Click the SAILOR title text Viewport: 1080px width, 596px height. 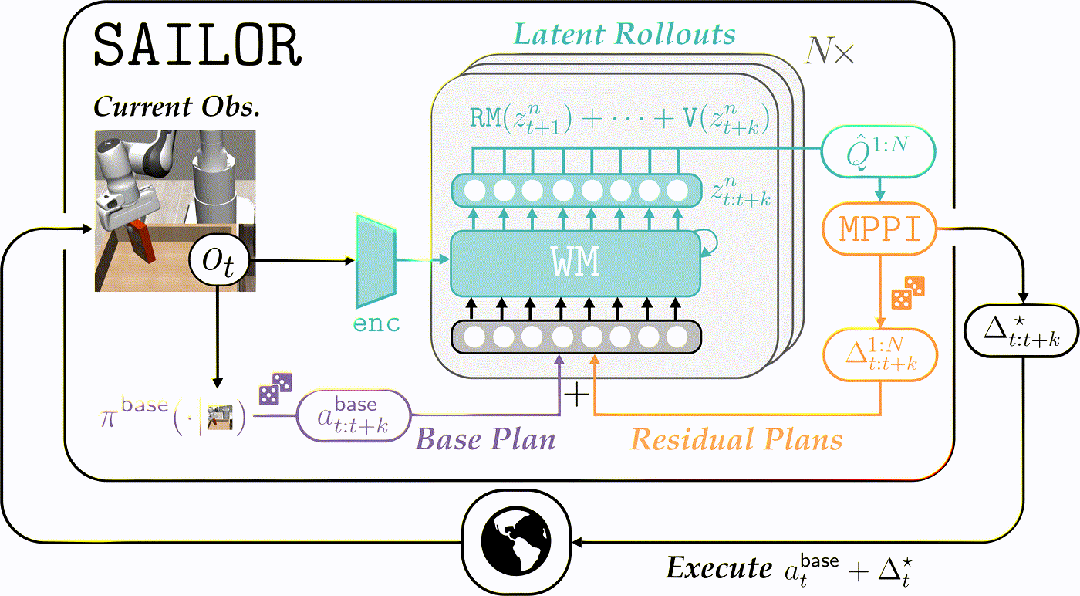point(197,45)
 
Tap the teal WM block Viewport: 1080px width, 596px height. point(575,263)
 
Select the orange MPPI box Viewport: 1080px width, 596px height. point(880,229)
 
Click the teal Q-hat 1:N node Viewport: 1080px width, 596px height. point(878,151)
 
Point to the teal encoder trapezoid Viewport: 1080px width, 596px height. point(376,261)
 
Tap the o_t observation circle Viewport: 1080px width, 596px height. point(219,261)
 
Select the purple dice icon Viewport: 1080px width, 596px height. point(276,388)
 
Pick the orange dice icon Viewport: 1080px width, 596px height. point(908,293)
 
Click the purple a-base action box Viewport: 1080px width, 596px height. point(353,415)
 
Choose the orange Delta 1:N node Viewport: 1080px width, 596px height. point(880,354)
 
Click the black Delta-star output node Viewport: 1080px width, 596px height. point(1021,330)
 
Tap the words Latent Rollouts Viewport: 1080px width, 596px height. point(624,34)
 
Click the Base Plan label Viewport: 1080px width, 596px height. point(485,439)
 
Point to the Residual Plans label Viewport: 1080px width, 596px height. point(736,439)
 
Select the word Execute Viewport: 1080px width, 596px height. point(719,567)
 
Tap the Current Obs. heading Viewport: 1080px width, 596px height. point(177,107)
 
